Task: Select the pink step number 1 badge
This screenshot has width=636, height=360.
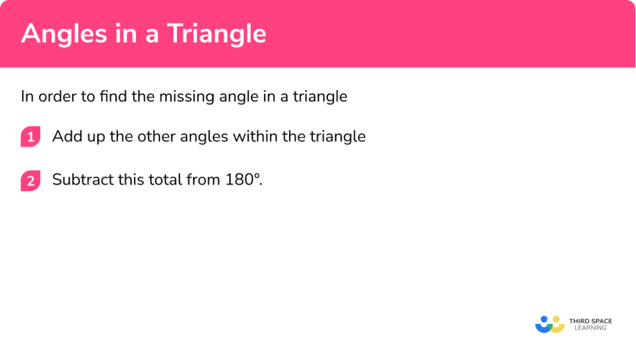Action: click(30, 137)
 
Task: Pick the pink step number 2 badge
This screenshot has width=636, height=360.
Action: click(30, 181)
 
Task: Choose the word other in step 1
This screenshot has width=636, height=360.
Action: click(156, 136)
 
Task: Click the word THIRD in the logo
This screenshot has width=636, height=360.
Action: click(579, 321)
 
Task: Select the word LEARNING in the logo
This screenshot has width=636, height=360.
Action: click(591, 328)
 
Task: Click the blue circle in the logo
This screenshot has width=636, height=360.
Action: click(544, 319)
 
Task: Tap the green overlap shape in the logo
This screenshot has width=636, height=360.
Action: click(550, 327)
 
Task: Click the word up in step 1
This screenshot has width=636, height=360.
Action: click(96, 137)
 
